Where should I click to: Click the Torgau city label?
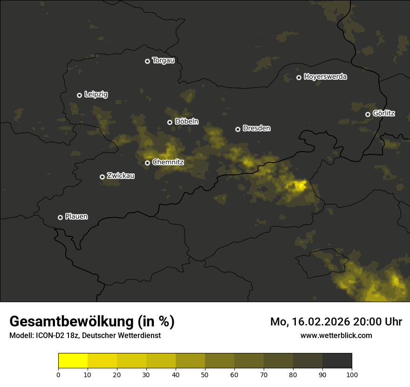[163, 61]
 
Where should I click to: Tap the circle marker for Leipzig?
[80, 95]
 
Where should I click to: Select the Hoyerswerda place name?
[325, 77]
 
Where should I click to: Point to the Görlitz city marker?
[368, 114]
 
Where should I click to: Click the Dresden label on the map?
[256, 128]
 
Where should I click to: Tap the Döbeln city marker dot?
[170, 122]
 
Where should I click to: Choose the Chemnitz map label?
[168, 162]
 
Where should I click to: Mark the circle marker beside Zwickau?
[102, 177]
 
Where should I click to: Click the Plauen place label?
[76, 217]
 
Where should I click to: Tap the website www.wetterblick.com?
[336, 335]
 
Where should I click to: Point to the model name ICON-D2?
[50, 336]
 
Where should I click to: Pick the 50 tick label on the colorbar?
[205, 374]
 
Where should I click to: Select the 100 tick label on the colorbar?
[352, 374]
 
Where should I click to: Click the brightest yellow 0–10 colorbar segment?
[73, 361]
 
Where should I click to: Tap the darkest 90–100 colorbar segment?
[337, 361]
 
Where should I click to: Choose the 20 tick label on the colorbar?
[117, 374]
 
